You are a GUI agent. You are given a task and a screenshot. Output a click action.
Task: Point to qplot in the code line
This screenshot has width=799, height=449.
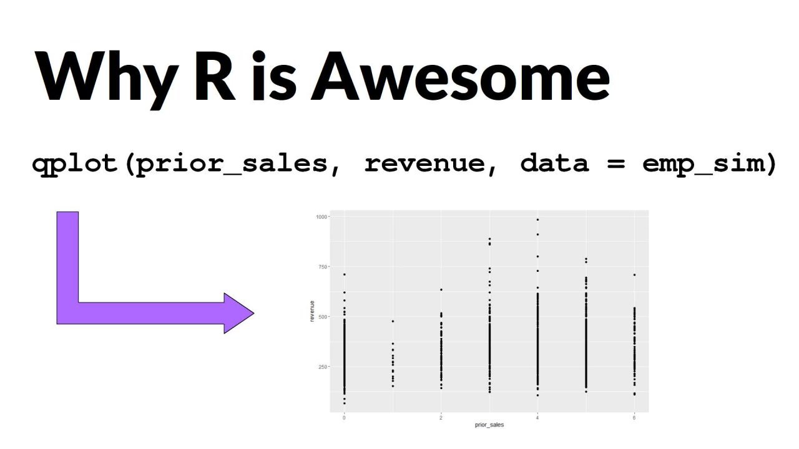pos(77,163)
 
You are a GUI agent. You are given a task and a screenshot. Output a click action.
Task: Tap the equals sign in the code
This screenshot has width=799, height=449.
pos(615,163)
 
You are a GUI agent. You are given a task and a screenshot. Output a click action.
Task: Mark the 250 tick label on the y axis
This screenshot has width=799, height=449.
pos(323,366)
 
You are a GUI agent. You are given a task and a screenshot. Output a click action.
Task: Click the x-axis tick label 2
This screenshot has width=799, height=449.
pos(441,417)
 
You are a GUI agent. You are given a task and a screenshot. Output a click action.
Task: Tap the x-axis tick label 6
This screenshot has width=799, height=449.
pos(634,417)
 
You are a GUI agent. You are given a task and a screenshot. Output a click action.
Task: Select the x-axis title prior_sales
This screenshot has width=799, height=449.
pos(489,425)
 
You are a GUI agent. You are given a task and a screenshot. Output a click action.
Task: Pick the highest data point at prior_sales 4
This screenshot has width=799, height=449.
pos(537,220)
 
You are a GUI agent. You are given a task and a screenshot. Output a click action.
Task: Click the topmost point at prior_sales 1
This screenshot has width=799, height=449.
pos(393,321)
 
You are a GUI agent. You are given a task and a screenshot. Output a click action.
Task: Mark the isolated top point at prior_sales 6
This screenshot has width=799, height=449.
pos(634,275)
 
